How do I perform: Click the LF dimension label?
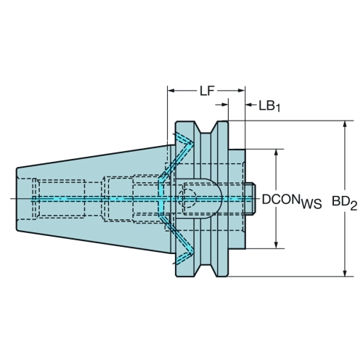coord(207,91)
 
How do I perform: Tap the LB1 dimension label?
coord(269,107)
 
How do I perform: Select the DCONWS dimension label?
coord(292,201)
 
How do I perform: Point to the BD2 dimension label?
coord(344,202)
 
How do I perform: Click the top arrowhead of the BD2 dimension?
coord(345,124)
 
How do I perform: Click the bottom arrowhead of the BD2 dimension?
coord(345,273)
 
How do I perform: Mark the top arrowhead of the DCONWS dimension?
coord(276,152)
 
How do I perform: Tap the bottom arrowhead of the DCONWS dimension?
coord(276,245)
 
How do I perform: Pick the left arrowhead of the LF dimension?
coord(171,91)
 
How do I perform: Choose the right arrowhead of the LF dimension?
coord(242,91)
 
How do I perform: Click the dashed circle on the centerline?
coord(187,198)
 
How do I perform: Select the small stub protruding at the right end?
coord(250,199)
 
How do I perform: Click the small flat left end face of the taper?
coord(17,199)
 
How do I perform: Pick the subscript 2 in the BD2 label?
coord(353,206)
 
